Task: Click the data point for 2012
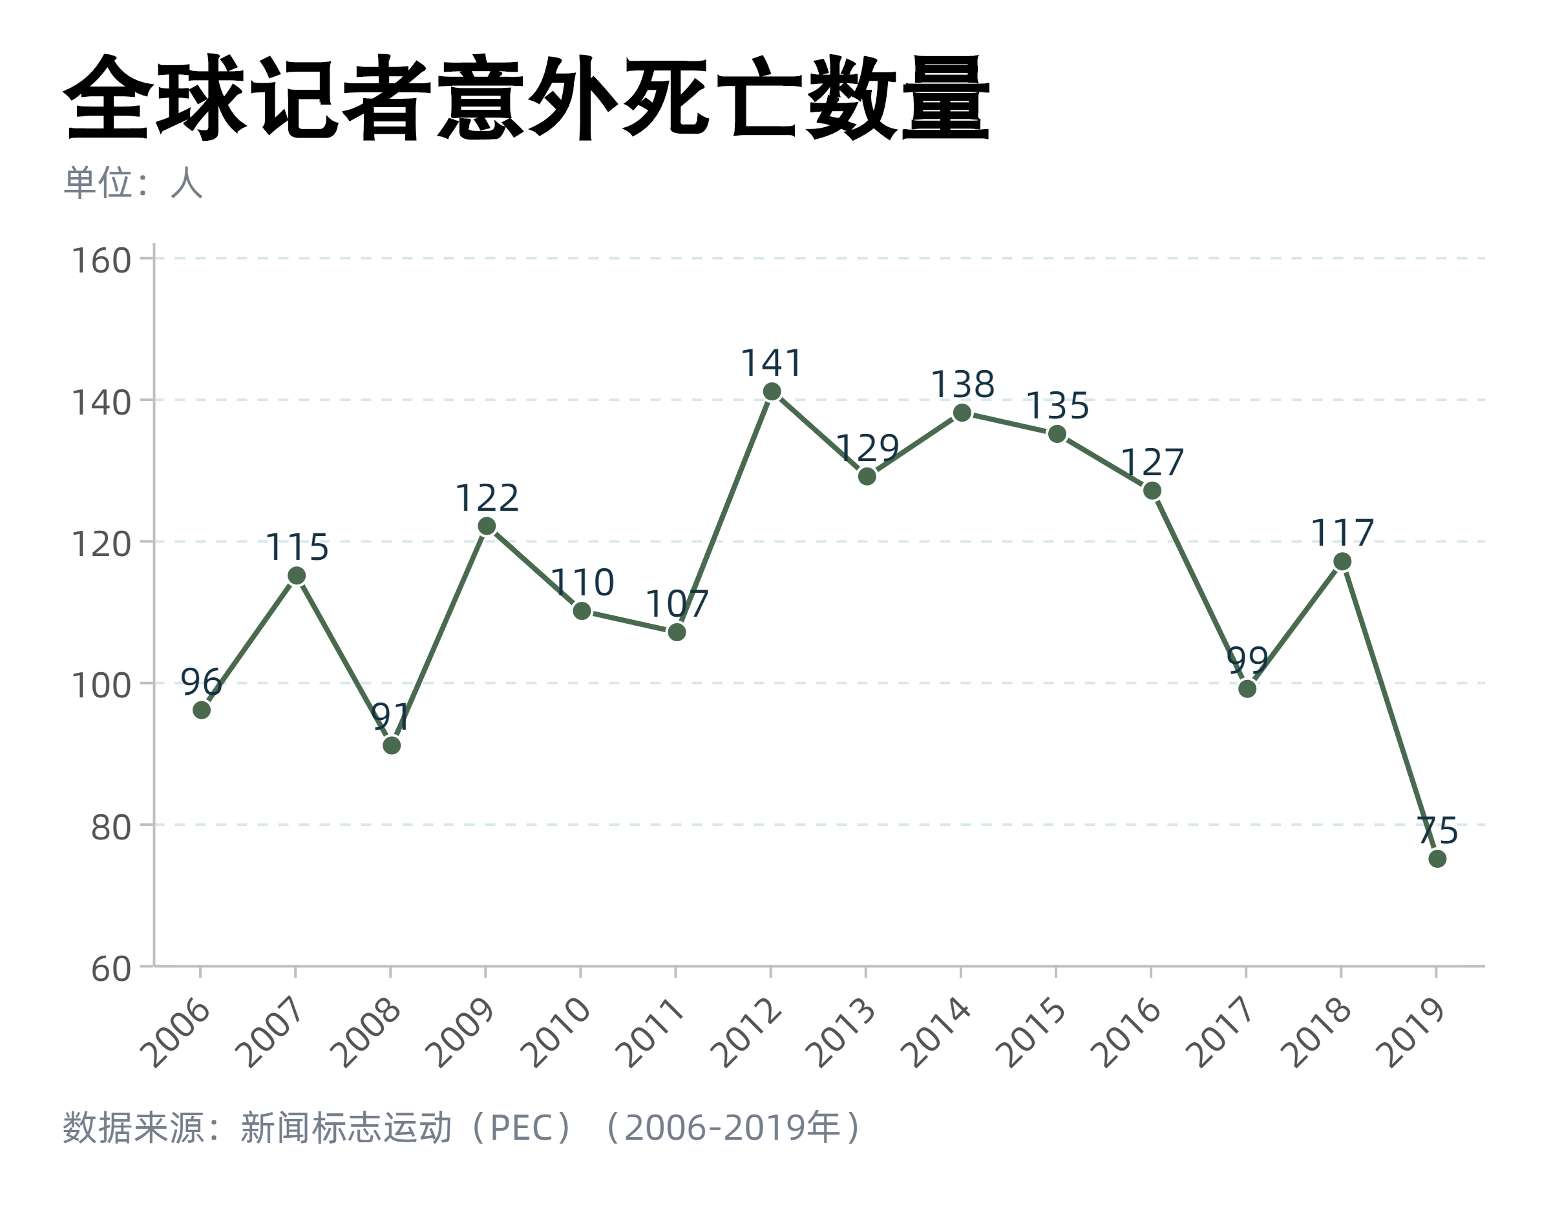[772, 391]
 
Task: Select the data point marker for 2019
[1437, 859]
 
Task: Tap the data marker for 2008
[391, 746]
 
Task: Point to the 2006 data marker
[201, 710]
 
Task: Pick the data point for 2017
[1247, 689]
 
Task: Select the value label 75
[1437, 830]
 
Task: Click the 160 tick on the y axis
[101, 261]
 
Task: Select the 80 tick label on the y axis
[111, 827]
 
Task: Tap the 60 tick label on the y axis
[111, 969]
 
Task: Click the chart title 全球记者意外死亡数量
[526, 98]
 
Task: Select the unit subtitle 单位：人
[134, 183]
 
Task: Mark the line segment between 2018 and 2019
[1389, 711]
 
